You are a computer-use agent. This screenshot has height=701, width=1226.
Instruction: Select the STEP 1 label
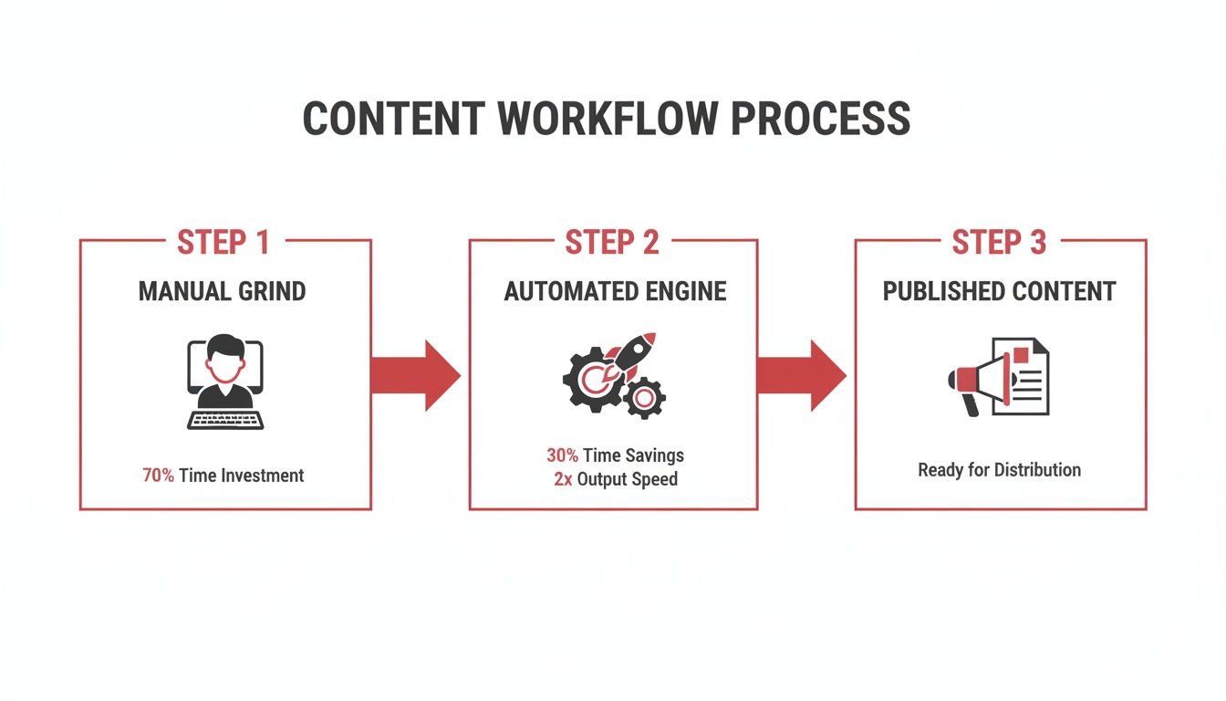click(223, 243)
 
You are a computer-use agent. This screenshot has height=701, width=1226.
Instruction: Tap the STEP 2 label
click(611, 243)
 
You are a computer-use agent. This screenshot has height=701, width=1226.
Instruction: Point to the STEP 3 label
click(999, 243)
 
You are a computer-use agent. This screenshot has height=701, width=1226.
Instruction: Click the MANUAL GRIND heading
click(223, 291)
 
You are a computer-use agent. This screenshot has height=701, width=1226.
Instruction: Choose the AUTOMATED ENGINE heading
click(615, 291)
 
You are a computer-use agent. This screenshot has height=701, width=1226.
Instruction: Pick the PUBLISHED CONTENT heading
click(999, 291)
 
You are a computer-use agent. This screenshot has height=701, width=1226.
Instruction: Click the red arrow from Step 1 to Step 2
click(416, 375)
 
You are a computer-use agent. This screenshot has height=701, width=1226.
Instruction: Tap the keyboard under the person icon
click(225, 420)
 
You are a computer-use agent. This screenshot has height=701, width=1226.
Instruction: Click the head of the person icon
click(224, 358)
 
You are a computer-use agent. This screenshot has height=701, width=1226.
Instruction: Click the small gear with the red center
click(645, 398)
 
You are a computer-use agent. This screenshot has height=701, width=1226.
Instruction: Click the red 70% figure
click(158, 476)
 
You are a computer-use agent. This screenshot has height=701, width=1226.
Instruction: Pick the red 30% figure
click(562, 455)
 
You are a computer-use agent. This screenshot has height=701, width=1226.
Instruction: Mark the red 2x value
click(563, 479)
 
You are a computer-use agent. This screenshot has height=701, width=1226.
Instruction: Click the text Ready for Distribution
click(999, 470)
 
